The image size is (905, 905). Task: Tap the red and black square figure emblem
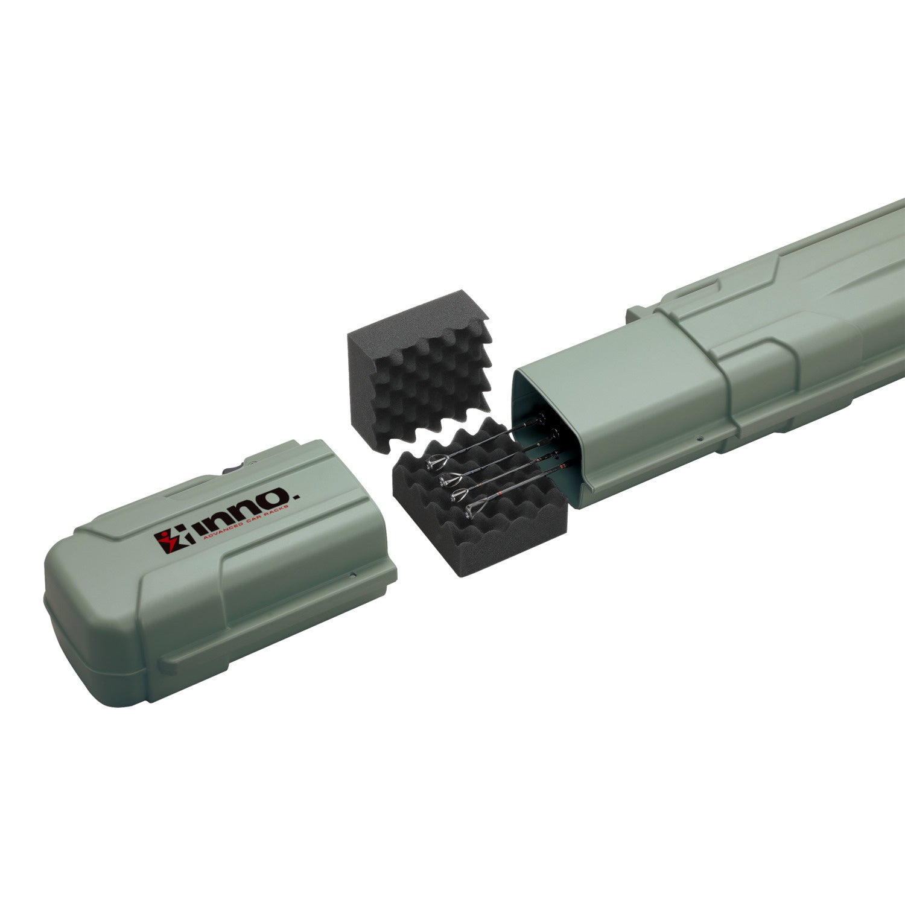pos(174,541)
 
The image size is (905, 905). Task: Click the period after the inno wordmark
pos(296,495)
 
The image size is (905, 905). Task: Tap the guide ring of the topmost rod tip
pos(437,462)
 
